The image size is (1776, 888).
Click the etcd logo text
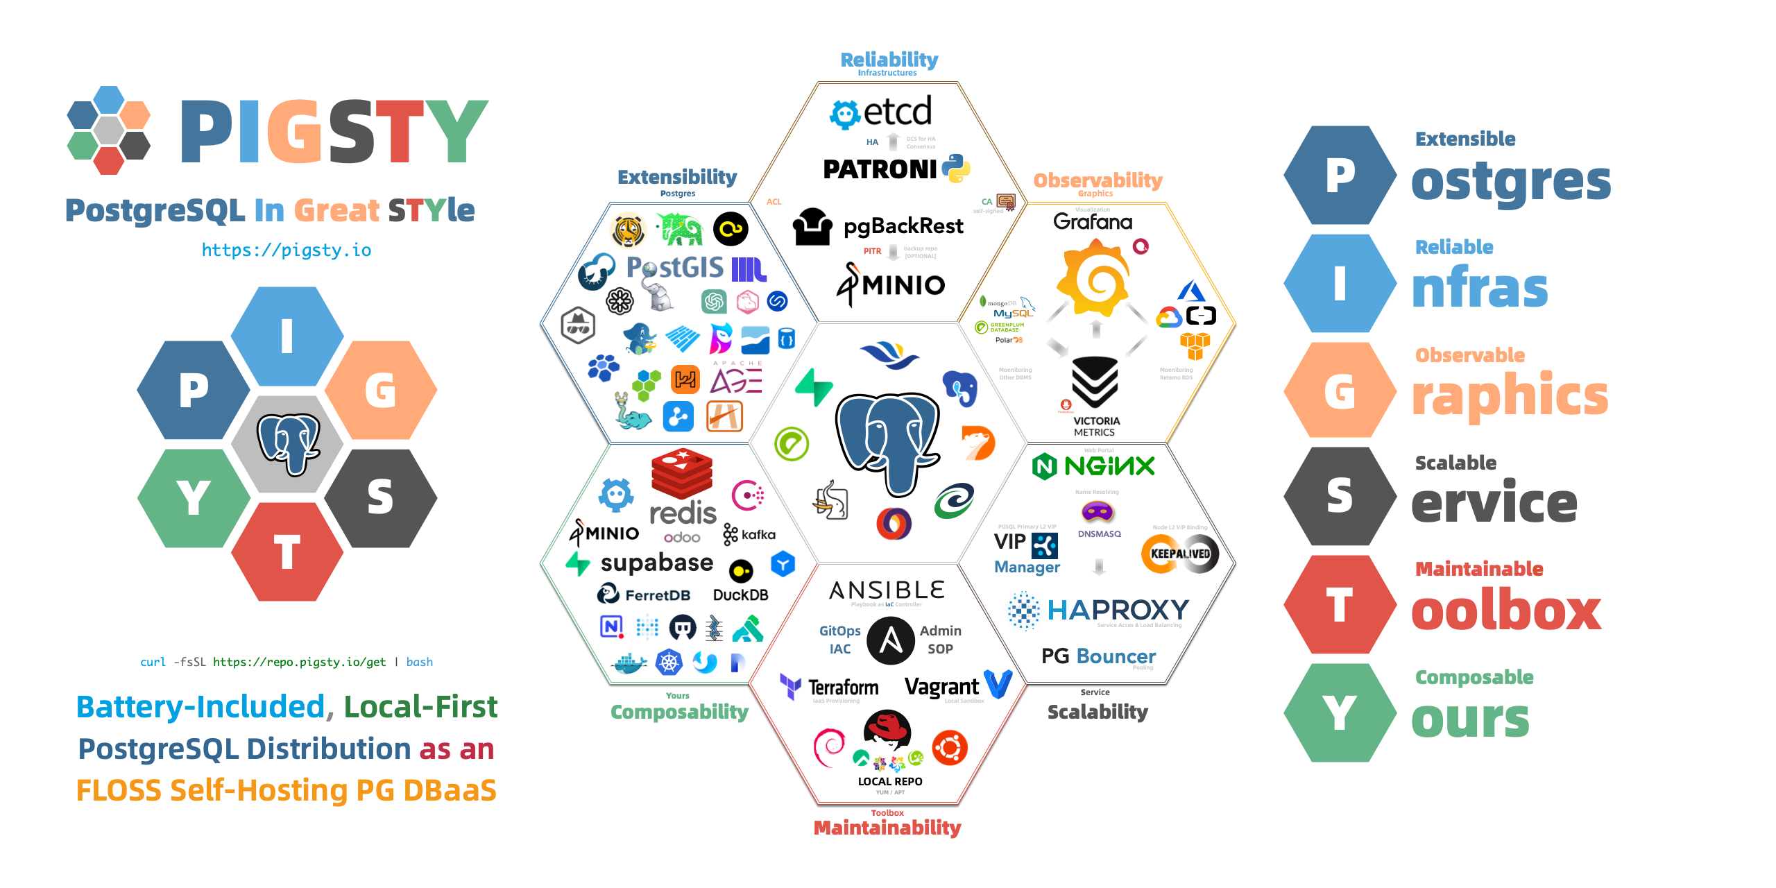tap(897, 112)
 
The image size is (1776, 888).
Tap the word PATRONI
tap(880, 169)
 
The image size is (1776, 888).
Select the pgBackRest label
tap(903, 226)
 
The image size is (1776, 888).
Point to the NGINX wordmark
tap(1109, 466)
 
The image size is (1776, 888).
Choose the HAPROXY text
tap(1118, 610)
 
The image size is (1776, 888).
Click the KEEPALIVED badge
tap(1180, 554)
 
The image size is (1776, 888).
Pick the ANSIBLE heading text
tap(887, 590)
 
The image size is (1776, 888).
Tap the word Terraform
tap(843, 688)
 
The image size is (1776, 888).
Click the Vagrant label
tap(941, 687)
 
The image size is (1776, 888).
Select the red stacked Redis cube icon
tap(682, 473)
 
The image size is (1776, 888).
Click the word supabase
tap(656, 563)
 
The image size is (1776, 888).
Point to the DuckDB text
tap(740, 595)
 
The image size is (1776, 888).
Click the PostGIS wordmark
tap(674, 267)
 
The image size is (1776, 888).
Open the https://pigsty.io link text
tap(286, 250)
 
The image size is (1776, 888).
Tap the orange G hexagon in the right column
tap(1339, 391)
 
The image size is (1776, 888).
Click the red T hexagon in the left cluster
tap(287, 553)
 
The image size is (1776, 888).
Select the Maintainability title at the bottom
tap(887, 828)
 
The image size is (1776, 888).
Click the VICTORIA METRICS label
tap(1095, 426)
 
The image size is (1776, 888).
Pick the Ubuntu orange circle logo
tap(949, 748)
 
